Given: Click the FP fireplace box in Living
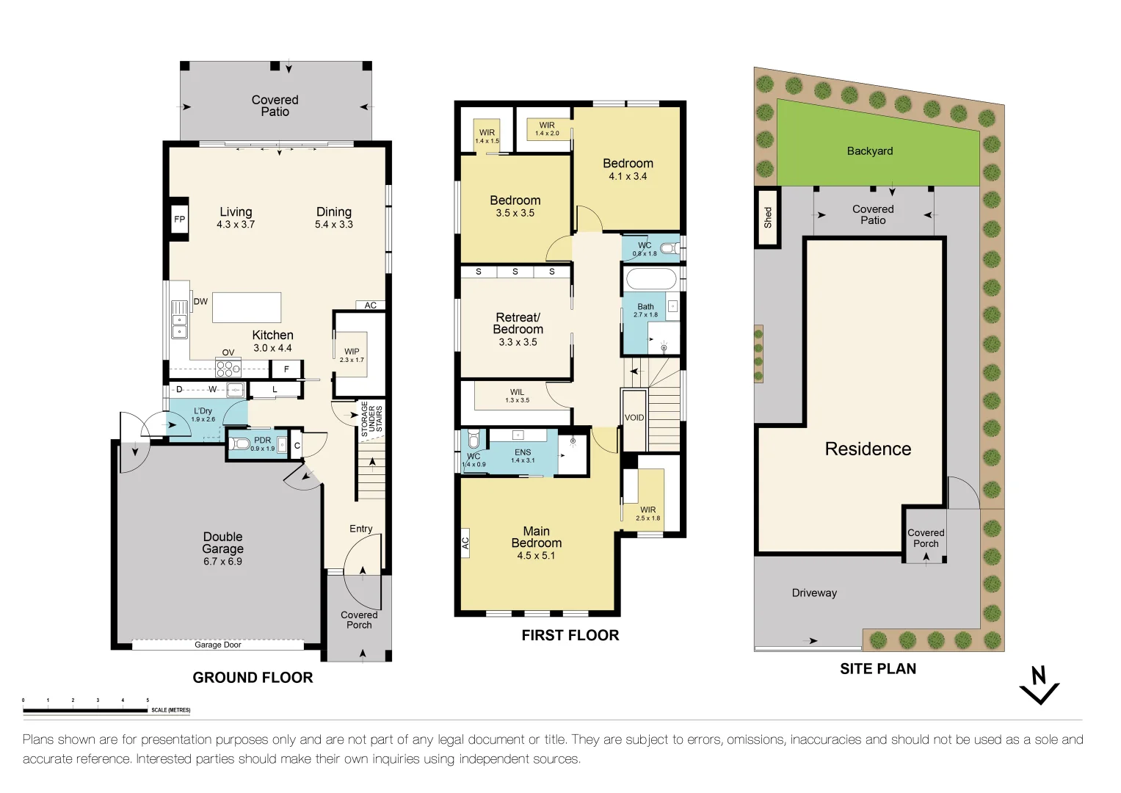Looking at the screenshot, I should (179, 219).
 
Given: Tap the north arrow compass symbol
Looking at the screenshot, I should (1039, 686).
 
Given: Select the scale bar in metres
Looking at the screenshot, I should (85, 710).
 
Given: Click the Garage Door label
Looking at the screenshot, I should (217, 645).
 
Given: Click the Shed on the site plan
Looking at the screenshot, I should (767, 217).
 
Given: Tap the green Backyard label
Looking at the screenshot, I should (870, 151).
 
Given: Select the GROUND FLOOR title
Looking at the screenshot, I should (253, 678).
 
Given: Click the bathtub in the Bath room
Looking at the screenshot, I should (650, 280).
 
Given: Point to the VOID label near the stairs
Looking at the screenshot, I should (634, 418).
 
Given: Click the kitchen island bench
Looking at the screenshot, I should (247, 308).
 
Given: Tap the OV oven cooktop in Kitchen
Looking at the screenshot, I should (228, 367).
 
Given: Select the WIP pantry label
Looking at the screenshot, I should (352, 355).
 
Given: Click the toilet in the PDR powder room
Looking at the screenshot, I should (241, 443).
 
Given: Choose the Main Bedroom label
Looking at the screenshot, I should (536, 542).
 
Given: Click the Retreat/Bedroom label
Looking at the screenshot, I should (518, 328).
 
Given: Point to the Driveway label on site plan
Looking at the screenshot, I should (814, 593).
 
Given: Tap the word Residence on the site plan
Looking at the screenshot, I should (868, 449).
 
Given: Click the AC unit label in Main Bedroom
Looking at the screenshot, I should (465, 543).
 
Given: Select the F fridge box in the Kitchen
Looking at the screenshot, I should (286, 369).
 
